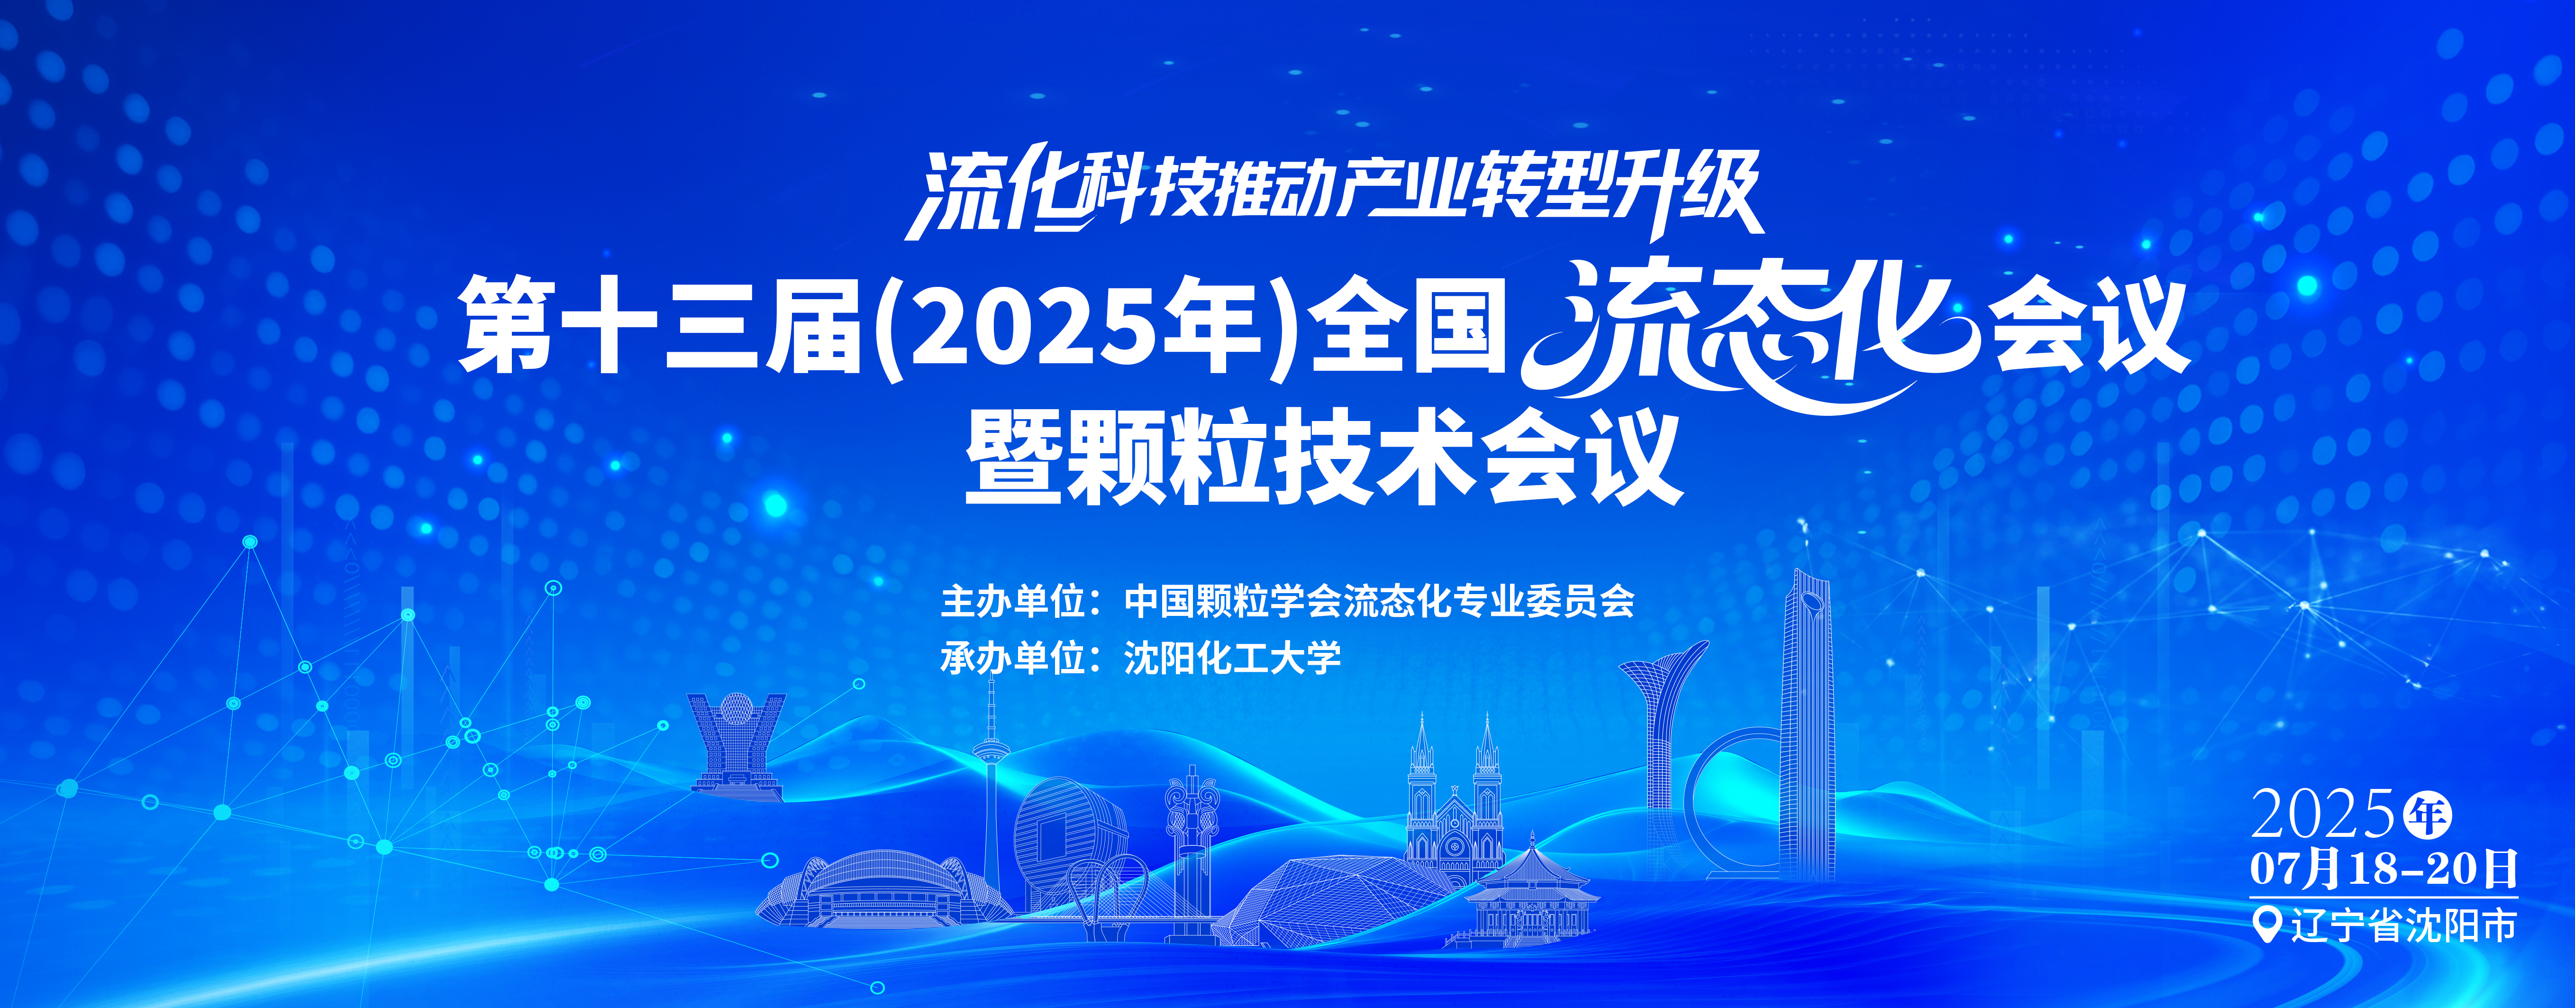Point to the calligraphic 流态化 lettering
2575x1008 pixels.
[1749, 335]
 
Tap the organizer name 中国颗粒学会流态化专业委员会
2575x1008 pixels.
[1380, 601]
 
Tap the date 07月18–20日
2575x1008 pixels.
[2383, 869]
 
